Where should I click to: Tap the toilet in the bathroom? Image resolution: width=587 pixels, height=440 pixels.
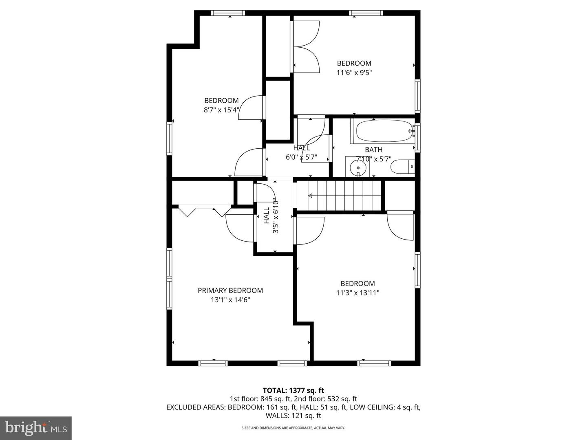(402, 167)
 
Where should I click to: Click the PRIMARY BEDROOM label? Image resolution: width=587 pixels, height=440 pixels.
(230, 290)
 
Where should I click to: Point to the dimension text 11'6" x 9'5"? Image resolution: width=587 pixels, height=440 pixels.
(354, 73)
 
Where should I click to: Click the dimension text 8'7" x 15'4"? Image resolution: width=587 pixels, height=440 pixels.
(221, 110)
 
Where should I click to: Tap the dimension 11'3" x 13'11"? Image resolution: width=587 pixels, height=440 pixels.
(358, 293)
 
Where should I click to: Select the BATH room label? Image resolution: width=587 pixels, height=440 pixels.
(373, 150)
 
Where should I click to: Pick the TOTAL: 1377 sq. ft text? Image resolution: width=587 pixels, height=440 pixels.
(293, 390)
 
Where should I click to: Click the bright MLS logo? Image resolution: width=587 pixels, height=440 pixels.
(36, 428)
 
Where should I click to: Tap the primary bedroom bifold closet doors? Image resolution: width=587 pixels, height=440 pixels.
(205, 211)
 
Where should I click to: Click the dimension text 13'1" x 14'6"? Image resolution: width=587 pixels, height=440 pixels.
(231, 300)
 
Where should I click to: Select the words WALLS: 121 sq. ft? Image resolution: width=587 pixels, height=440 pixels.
(293, 416)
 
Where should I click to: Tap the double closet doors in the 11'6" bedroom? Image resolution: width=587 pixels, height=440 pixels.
(306, 47)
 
